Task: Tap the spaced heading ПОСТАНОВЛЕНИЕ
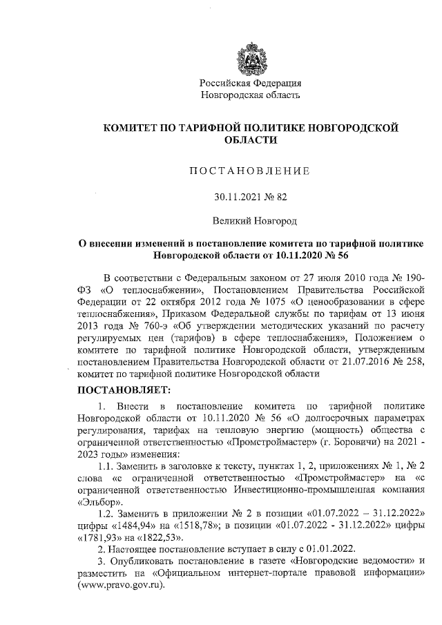[x=250, y=170]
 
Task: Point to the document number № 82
[x=277, y=197]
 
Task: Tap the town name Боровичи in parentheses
[x=352, y=441]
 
